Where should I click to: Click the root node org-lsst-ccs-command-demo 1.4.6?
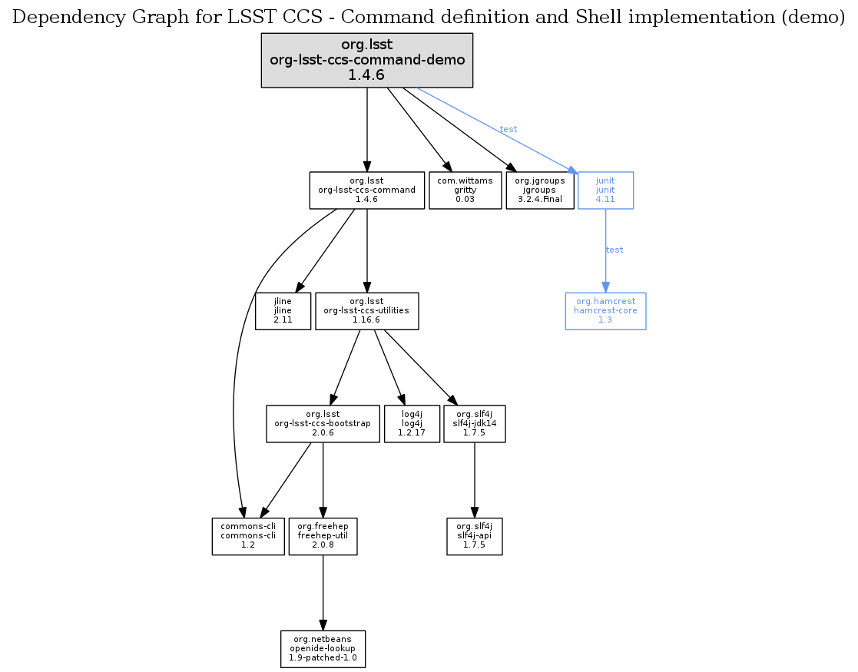pos(366,60)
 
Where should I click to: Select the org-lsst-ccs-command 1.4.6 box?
pos(367,190)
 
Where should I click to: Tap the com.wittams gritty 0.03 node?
pos(465,190)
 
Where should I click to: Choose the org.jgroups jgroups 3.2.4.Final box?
pos(540,190)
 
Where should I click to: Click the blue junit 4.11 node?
pos(605,190)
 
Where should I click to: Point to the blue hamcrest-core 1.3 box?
pos(605,311)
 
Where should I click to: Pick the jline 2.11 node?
pos(283,311)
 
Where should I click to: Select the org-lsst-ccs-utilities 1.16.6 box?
pos(366,311)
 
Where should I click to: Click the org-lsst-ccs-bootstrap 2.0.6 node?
pos(323,423)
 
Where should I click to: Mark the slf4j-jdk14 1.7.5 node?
pos(474,423)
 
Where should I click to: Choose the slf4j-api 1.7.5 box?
pos(474,536)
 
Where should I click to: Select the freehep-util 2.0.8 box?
pos(323,536)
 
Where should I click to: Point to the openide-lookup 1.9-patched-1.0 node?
pos(323,649)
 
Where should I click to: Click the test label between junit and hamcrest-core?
pos(615,250)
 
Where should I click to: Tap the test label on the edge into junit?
pos(509,129)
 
